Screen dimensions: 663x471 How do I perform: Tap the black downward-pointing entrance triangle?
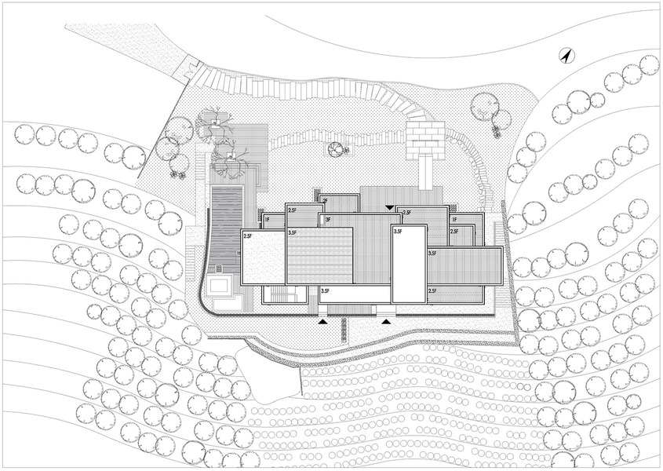point(390,207)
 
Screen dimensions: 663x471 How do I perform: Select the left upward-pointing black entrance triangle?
point(322,321)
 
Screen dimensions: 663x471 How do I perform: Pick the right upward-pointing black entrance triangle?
point(386,321)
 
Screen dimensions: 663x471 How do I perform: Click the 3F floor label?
point(327,219)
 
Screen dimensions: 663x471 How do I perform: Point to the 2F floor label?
point(325,201)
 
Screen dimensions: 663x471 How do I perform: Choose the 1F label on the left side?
point(268,219)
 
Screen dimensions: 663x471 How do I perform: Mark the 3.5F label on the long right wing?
point(432,254)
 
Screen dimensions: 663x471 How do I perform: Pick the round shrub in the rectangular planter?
point(336,149)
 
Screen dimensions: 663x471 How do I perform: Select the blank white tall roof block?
point(408,263)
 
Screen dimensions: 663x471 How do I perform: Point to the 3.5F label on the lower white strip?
point(326,290)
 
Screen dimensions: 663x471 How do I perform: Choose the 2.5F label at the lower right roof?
point(432,290)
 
